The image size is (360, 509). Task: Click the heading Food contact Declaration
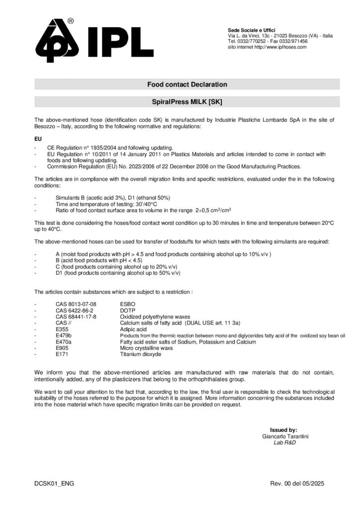(x=187, y=85)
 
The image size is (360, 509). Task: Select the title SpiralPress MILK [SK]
(x=187, y=102)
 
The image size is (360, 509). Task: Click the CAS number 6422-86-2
(x=74, y=310)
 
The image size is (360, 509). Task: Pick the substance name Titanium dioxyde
(x=141, y=355)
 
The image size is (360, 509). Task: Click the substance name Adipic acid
(x=133, y=330)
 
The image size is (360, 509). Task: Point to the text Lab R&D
(x=285, y=442)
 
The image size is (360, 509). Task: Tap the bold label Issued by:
(x=283, y=430)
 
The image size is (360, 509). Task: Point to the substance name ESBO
(x=128, y=303)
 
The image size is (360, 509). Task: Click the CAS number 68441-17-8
(x=76, y=317)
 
